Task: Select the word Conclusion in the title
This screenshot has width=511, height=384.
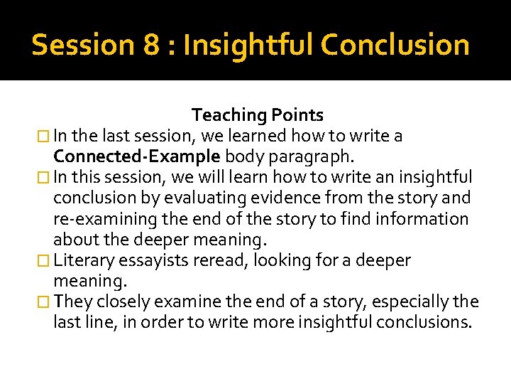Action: [x=395, y=45]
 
